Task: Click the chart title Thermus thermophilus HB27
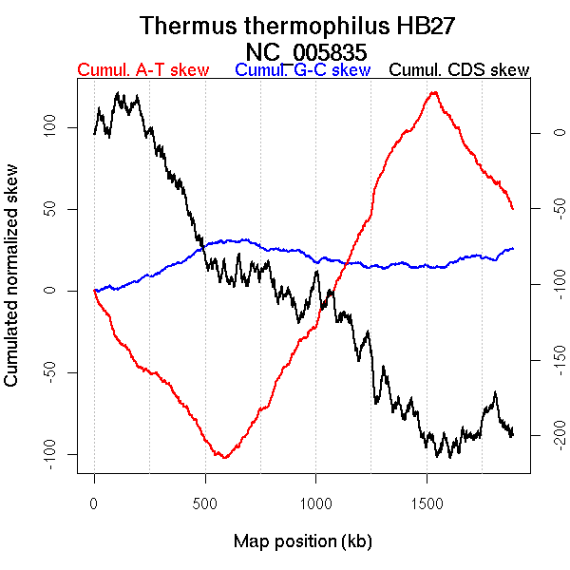tap(301, 26)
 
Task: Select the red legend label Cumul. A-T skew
tap(142, 70)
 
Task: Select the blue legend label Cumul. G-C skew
tap(302, 70)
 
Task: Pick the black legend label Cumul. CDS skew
tap(460, 70)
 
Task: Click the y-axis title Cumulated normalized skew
tap(12, 287)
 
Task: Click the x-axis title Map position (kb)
tap(302, 541)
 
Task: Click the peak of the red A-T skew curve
tap(434, 92)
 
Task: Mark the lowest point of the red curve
tap(224, 458)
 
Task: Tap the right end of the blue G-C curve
tap(513, 248)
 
